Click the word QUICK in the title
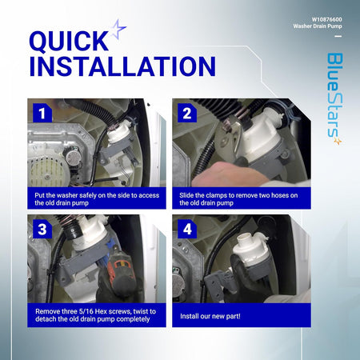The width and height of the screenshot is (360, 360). pos(69,41)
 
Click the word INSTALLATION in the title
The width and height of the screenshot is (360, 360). pos(122,66)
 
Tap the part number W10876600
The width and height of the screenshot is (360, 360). pos(326,19)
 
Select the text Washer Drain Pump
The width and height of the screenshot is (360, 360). pos(318,26)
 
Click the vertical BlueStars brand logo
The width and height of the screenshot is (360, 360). pos(334,98)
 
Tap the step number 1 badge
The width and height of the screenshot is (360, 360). pos(42,113)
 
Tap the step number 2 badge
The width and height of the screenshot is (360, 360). pos(187,113)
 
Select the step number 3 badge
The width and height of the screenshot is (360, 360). pos(42,229)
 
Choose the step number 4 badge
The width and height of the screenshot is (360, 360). pos(187,229)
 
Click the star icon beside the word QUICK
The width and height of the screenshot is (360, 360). pos(118,30)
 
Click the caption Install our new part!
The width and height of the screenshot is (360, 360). pos(210,316)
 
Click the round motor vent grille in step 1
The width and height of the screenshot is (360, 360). pos(48,171)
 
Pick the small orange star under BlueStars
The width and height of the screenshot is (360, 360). pos(338,142)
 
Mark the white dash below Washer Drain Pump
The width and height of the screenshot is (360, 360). pos(338,36)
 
